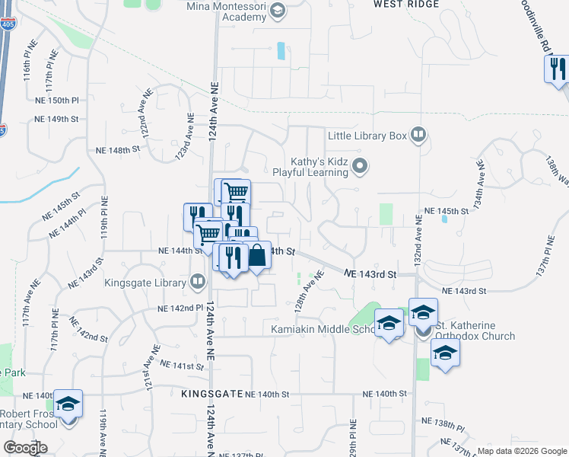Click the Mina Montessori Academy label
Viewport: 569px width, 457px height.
click(x=227, y=7)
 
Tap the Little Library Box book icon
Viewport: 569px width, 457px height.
click(x=418, y=136)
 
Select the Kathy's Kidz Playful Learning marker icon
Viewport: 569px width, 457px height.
click(x=361, y=165)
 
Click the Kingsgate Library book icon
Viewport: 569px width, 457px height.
click(x=198, y=282)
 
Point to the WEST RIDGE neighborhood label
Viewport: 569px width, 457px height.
click(x=406, y=5)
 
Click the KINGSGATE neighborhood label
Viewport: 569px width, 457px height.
click(x=211, y=394)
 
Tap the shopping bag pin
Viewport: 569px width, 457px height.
click(x=257, y=256)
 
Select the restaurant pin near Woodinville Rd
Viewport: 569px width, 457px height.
click(x=557, y=69)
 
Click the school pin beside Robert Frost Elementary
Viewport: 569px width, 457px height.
click(x=68, y=404)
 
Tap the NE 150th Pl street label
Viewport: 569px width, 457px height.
click(x=57, y=101)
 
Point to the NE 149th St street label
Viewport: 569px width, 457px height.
click(x=57, y=119)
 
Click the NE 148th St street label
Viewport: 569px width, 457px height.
click(x=114, y=150)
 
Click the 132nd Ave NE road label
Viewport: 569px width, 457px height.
click(x=418, y=239)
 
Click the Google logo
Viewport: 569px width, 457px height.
click(x=25, y=448)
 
